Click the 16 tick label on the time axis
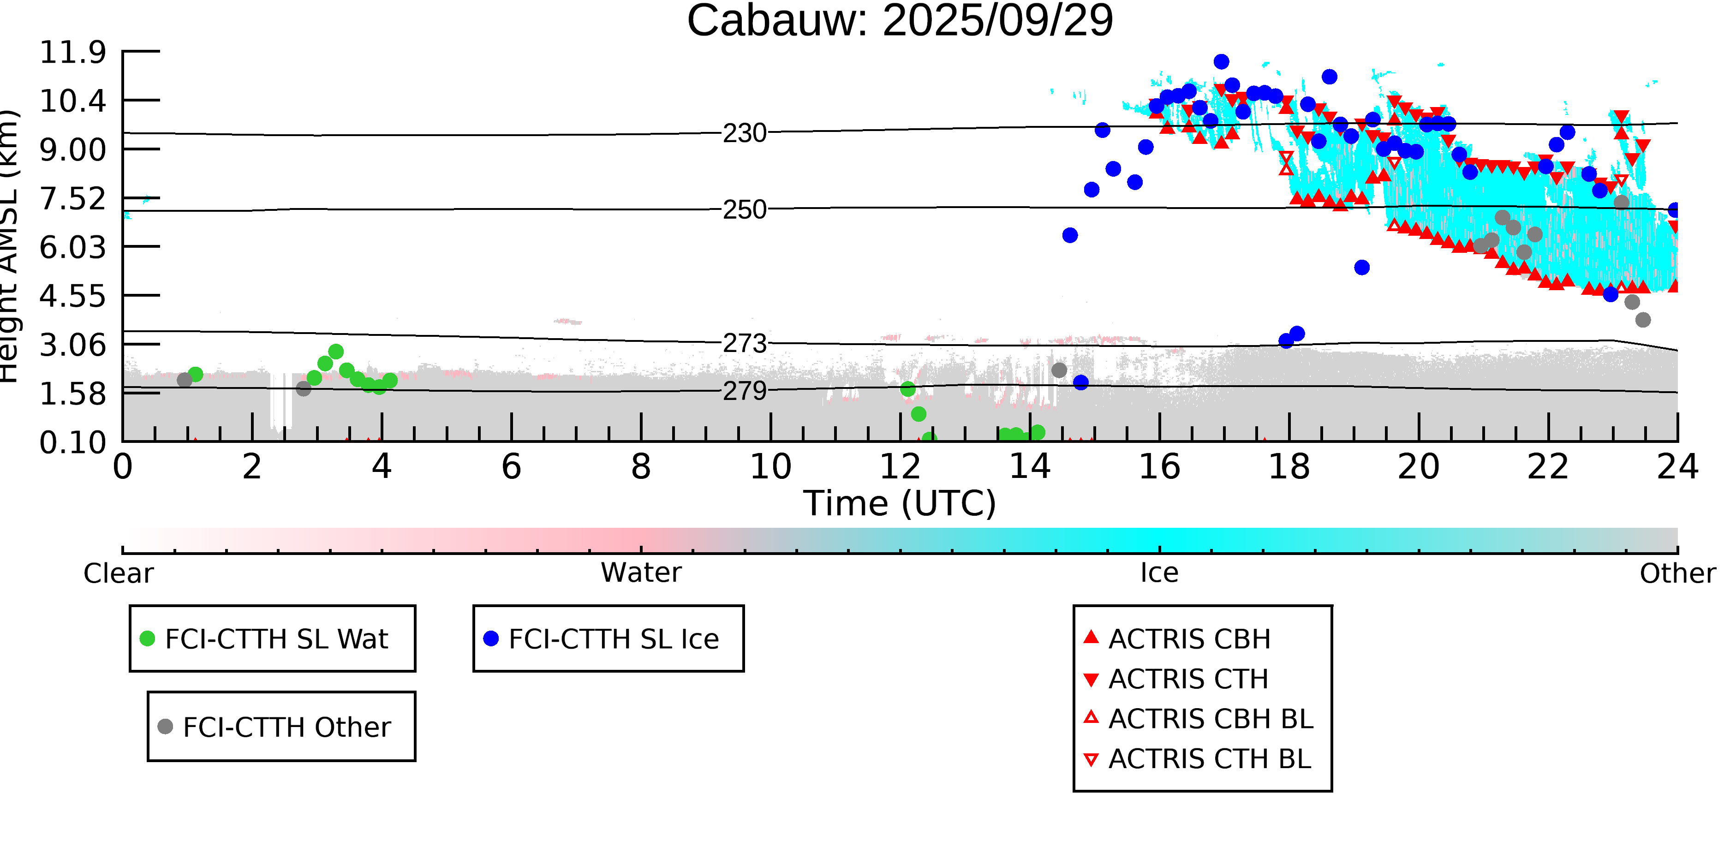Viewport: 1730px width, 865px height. point(1159,467)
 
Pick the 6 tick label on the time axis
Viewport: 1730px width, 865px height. point(511,467)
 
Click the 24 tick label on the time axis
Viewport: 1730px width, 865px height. point(1677,467)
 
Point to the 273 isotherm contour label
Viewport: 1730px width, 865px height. point(744,344)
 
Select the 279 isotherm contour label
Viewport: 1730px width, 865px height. point(744,391)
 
